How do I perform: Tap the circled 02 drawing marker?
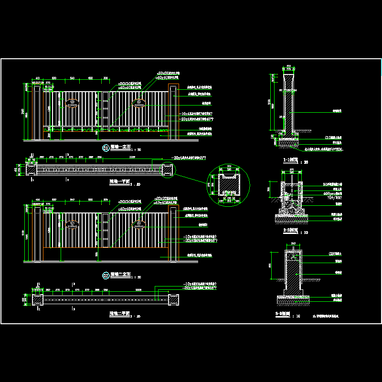[x=106, y=275]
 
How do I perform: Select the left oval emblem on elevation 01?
[x=72, y=103]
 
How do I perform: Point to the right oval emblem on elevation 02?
[x=140, y=223]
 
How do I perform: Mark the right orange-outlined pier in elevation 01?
[x=173, y=112]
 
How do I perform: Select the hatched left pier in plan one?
[x=32, y=169]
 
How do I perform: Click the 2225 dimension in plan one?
[x=132, y=157]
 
